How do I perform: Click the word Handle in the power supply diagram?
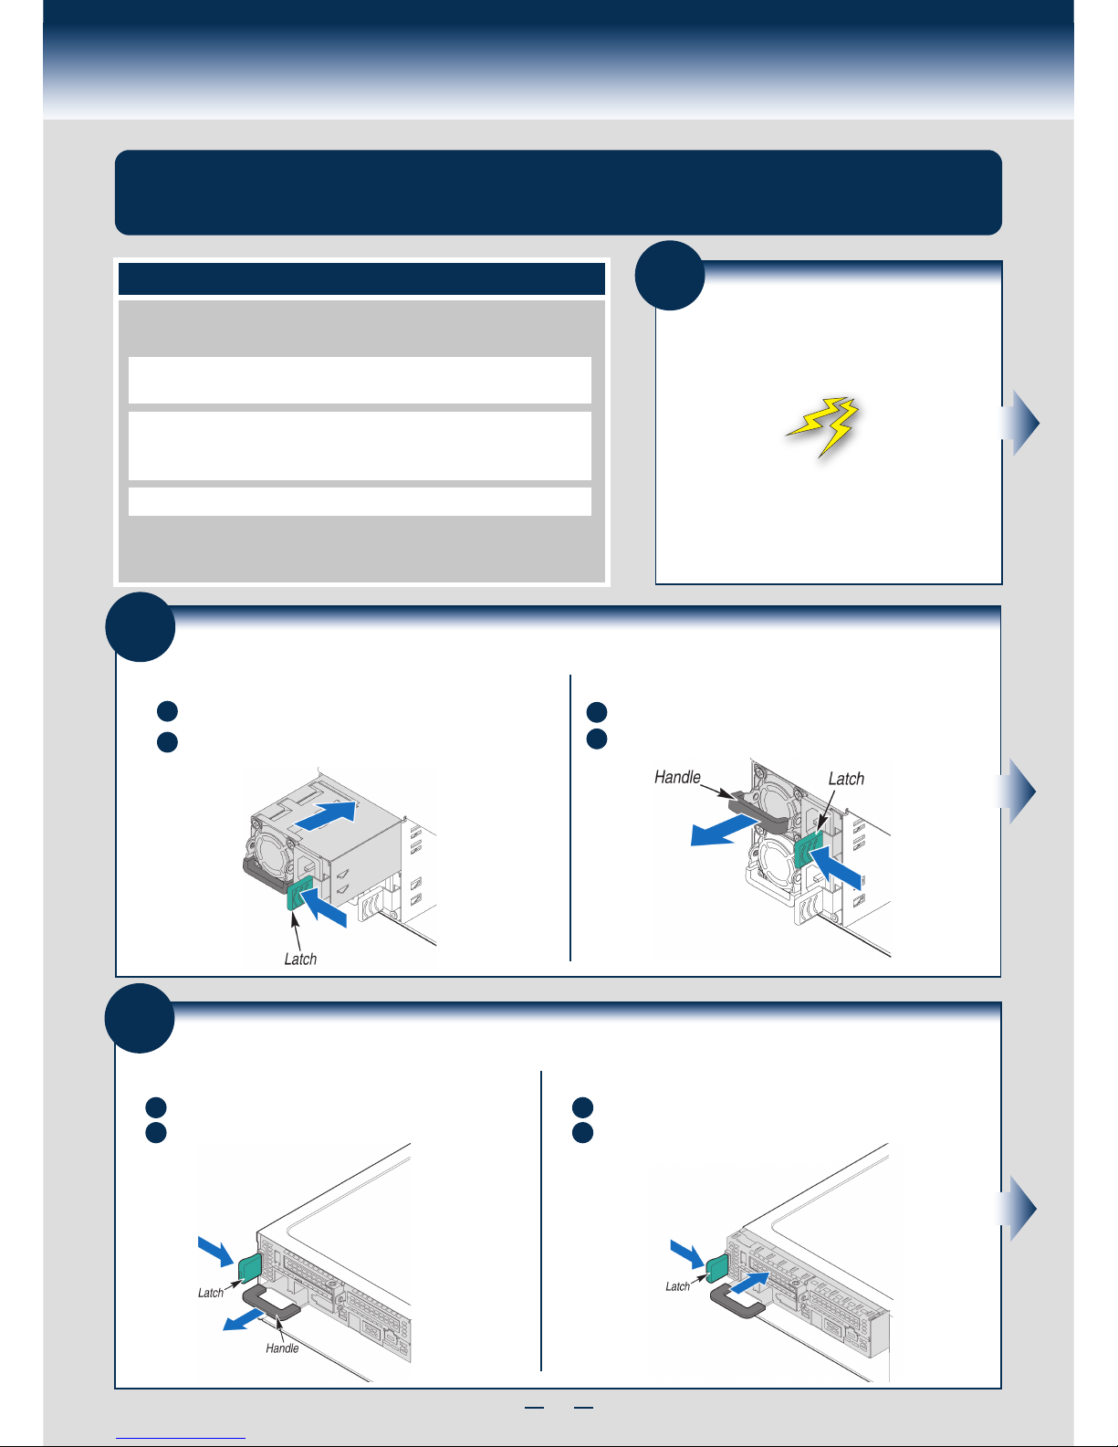tap(677, 777)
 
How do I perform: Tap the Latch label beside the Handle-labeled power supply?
tap(846, 779)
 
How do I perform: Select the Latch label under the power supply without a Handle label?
tap(300, 959)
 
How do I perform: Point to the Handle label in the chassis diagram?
tap(282, 1347)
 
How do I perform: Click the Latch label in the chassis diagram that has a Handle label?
tap(210, 1293)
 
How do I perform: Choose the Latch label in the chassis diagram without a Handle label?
tap(677, 1285)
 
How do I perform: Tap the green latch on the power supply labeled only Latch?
tap(299, 892)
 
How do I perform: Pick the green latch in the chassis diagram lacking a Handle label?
tap(717, 1269)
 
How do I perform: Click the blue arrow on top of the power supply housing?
tap(326, 816)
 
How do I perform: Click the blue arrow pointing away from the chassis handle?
tap(244, 1318)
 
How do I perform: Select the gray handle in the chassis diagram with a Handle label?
tap(272, 1303)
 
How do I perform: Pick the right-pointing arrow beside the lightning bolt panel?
tap(1019, 423)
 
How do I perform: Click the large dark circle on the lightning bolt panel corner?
tap(670, 275)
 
